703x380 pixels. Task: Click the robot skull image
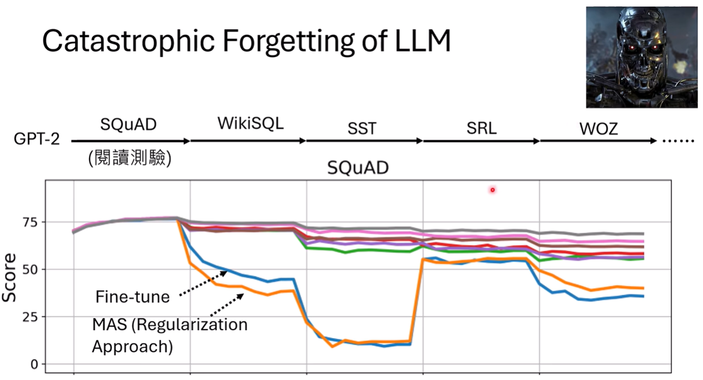coord(642,57)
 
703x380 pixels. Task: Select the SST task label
coord(361,129)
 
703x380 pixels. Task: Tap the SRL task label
coord(481,129)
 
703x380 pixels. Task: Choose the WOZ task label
coord(598,129)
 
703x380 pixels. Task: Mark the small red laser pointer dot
coord(492,190)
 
